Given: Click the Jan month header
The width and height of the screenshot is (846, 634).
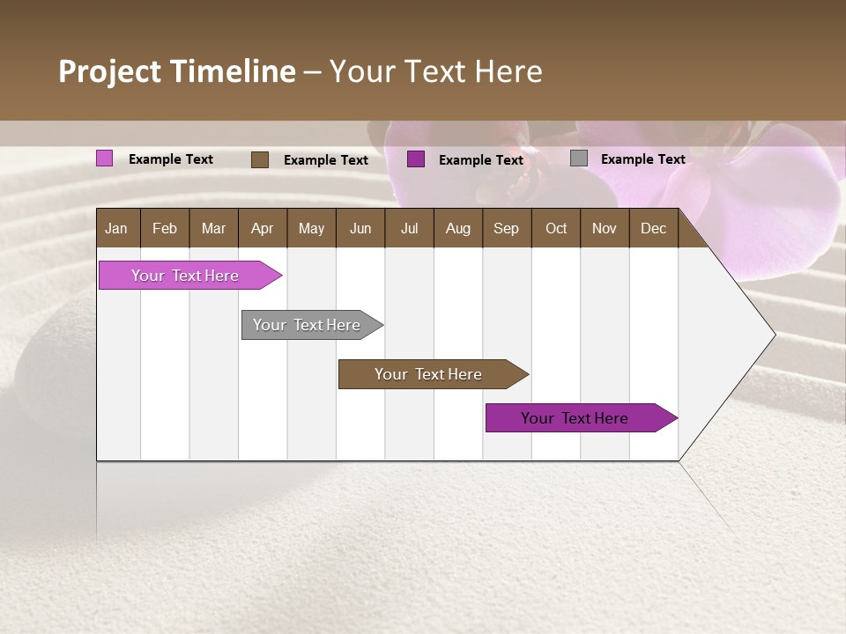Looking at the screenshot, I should point(117,228).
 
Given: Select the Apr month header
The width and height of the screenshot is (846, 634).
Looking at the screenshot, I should point(263,228).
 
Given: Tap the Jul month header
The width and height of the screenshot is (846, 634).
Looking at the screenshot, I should point(409,228).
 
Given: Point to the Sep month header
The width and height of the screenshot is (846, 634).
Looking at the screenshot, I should point(506,228).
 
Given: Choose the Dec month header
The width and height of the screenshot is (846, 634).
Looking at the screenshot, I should point(653,228).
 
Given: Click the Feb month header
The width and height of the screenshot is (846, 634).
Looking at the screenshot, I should point(165,228).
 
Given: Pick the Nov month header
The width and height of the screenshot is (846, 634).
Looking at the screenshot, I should point(604,228).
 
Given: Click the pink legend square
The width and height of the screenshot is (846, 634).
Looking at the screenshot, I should point(105,158).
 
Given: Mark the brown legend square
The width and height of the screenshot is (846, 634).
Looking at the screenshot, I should point(260,159).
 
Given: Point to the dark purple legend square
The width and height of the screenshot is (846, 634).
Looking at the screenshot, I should point(416,159).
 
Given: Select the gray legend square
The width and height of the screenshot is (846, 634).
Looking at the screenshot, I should point(579,158).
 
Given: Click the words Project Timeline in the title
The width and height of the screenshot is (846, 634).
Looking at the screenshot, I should point(177,71).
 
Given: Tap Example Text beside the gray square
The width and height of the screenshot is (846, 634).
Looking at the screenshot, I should point(642,159).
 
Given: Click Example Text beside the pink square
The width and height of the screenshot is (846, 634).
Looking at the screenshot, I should point(171,159).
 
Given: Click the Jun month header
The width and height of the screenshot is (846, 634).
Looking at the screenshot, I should point(360,228).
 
